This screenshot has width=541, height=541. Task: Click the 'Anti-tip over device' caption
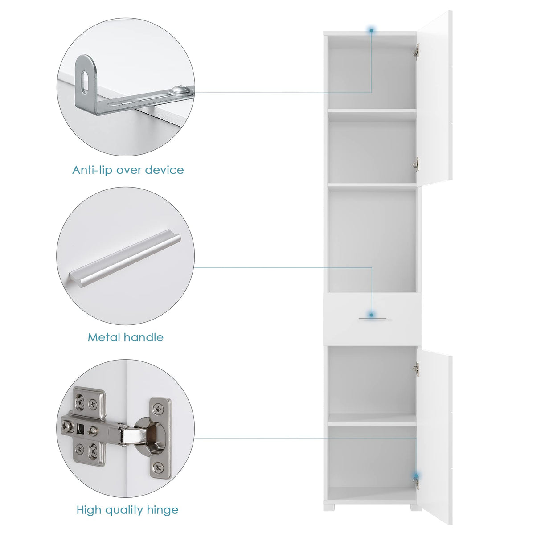click(x=128, y=170)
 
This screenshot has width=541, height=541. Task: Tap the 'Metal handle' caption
click(x=125, y=337)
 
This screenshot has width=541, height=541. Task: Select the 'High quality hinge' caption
click(x=127, y=510)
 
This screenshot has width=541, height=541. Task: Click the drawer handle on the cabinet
click(x=372, y=318)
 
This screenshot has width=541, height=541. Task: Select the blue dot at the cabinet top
click(x=371, y=30)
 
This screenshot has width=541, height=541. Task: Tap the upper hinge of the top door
click(x=417, y=50)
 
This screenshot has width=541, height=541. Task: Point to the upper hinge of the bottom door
click(x=416, y=368)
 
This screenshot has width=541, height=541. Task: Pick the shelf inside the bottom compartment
click(x=372, y=418)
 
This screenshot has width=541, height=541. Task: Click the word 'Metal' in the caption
click(x=103, y=337)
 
